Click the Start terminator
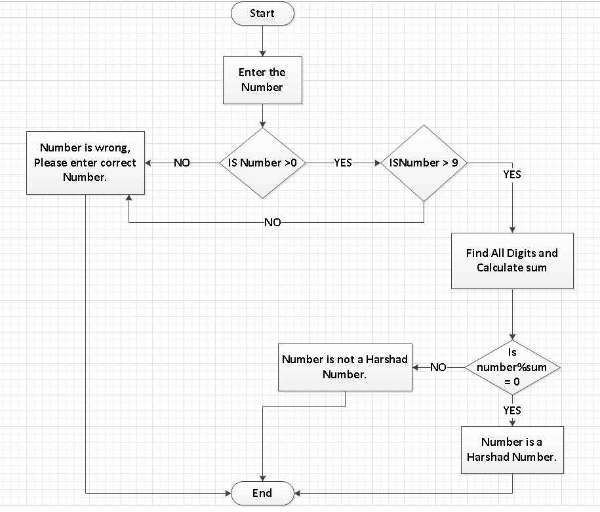click(262, 14)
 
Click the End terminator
click(262, 493)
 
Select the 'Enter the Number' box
click(262, 80)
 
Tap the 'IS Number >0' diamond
click(262, 163)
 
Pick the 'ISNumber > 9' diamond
click(424, 163)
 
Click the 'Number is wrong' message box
click(85, 163)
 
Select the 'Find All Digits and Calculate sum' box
click(512, 260)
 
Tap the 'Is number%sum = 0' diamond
click(512, 367)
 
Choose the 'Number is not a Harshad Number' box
click(345, 366)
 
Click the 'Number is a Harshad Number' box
click(512, 450)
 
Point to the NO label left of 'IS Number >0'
click(182, 163)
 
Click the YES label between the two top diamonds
click(343, 163)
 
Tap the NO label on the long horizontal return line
click(272, 222)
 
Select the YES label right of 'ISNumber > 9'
click(512, 175)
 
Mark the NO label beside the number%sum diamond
click(438, 367)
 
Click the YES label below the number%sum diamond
click(512, 410)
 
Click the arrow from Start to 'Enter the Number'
click(262, 41)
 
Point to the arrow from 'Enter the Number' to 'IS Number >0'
click(262, 115)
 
